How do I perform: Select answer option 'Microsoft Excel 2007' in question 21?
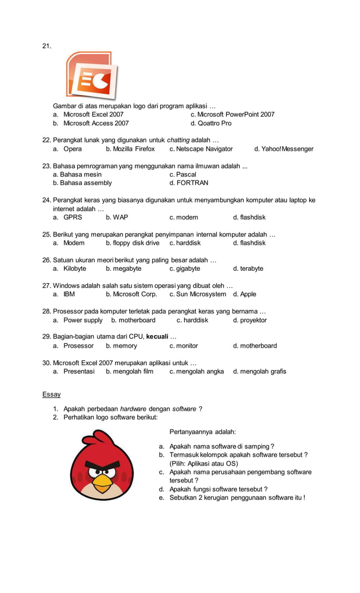[x=93, y=115]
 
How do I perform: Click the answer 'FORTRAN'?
[x=192, y=183]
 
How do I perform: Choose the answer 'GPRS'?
[x=72, y=217]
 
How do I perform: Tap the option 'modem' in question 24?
[x=187, y=217]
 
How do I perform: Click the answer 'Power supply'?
[x=82, y=320]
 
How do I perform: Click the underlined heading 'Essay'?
[x=51, y=394]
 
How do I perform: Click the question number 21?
[x=47, y=46]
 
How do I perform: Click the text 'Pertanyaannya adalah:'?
[x=203, y=432]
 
